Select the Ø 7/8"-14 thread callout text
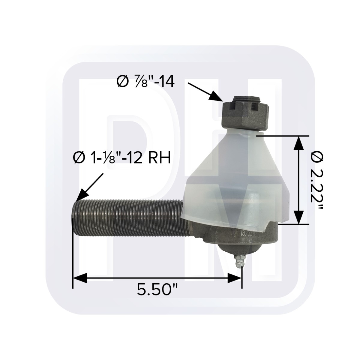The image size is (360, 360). tap(145, 82)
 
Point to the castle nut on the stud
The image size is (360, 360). tap(245, 115)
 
